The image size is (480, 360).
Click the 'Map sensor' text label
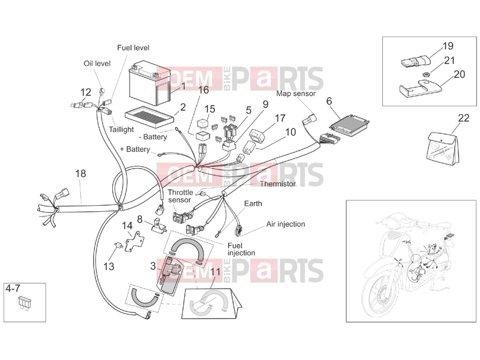pos(296,94)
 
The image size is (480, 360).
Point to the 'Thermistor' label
pos(278,184)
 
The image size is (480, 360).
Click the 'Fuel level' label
pos(133,48)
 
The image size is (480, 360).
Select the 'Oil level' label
pos(97,64)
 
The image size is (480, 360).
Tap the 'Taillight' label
pos(121,130)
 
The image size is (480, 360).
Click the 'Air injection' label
pos(286,224)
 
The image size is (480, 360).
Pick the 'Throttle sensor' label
pos(180,196)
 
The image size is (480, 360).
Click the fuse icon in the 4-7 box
pos(24,302)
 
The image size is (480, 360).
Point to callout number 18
pos(80,173)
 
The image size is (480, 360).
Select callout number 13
pos(109,266)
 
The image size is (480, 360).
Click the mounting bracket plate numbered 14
pos(134,242)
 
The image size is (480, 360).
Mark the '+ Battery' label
pos(134,149)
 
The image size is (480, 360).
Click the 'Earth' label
pos(253,203)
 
